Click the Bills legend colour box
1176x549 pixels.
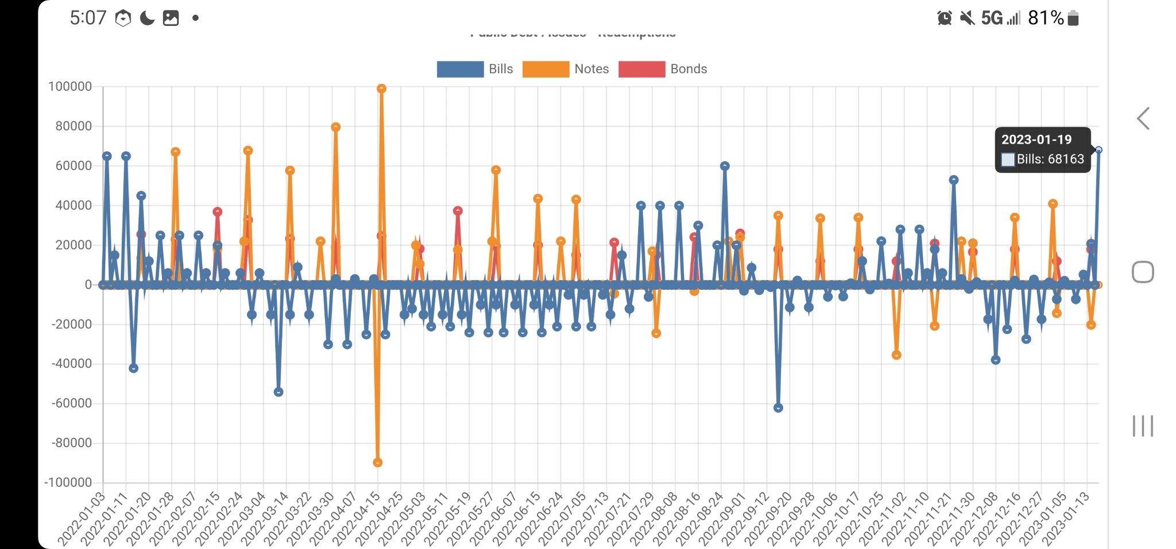(460, 69)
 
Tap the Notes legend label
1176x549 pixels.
(591, 69)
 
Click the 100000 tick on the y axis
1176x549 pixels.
(70, 87)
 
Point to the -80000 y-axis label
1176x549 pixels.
(72, 443)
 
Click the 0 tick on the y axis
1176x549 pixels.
(88, 285)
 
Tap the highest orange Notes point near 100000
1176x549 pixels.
(381, 89)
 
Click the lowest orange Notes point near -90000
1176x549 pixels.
(377, 462)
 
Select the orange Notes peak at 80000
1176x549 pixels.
(336, 127)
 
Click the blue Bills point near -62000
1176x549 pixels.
(778, 408)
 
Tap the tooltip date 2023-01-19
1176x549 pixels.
(1036, 140)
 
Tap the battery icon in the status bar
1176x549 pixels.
(1073, 18)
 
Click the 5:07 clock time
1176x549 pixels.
(88, 18)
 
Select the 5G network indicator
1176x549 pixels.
(992, 18)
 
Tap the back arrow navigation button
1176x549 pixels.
(1143, 118)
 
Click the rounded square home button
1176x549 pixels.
(1143, 272)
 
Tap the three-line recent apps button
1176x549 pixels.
(1143, 426)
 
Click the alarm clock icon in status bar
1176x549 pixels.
(944, 18)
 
